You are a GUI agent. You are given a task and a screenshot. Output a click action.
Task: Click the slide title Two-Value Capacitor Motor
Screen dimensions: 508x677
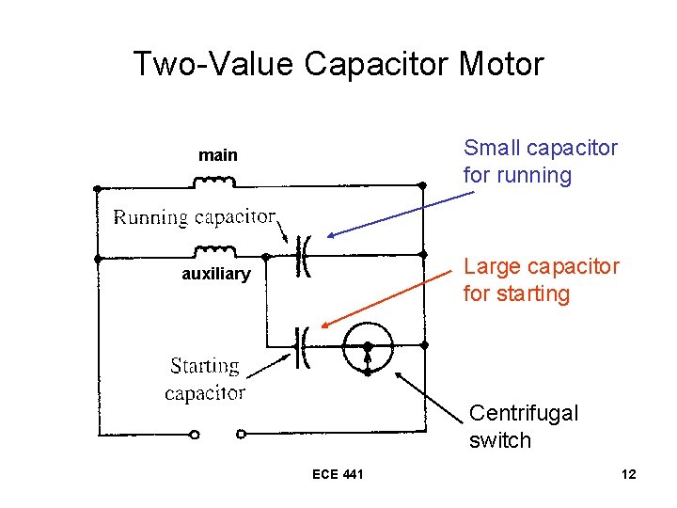point(338,64)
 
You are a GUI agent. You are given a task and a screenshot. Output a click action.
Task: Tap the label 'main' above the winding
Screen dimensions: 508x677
point(217,155)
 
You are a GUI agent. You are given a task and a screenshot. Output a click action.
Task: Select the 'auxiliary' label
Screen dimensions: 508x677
point(216,274)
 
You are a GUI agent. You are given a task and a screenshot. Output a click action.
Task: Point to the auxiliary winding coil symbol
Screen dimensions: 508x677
point(215,250)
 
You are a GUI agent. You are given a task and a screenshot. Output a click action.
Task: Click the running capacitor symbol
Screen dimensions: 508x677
point(304,254)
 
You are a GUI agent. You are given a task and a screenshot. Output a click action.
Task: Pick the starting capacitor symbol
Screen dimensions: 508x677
point(304,346)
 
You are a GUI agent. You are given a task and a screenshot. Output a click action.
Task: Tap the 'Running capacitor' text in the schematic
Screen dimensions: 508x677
point(195,217)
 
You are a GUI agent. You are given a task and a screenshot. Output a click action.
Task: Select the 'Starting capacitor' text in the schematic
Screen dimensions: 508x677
point(205,379)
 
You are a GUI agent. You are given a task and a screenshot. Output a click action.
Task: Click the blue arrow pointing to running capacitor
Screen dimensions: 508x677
point(400,214)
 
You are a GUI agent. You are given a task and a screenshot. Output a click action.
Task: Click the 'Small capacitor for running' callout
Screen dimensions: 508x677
point(540,162)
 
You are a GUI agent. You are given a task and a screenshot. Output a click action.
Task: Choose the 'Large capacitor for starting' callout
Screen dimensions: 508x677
point(541,280)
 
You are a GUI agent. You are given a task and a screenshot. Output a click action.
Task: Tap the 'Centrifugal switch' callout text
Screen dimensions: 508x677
point(523,426)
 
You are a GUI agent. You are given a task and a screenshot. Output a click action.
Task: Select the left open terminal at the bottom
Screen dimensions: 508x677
point(195,434)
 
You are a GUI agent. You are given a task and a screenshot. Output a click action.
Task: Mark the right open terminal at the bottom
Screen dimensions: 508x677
point(241,434)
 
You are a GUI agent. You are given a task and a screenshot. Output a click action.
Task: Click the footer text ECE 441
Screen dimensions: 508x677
point(338,474)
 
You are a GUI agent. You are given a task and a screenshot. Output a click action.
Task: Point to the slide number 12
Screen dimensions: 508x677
point(628,474)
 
